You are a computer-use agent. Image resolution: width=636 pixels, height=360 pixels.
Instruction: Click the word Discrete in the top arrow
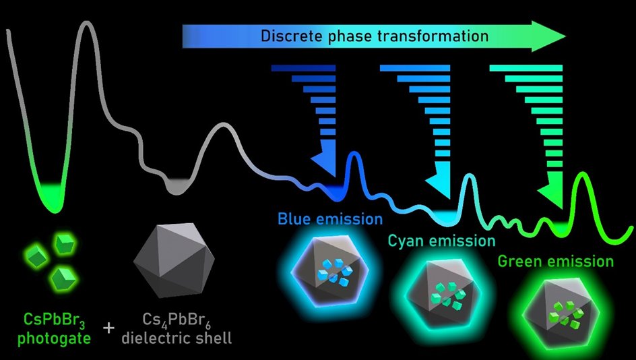tap(291, 36)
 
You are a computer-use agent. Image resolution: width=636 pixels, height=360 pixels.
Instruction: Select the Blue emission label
tap(330, 219)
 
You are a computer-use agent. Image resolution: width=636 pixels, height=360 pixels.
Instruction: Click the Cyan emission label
tap(441, 240)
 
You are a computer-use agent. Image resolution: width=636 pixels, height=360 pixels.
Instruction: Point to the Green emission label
tap(556, 261)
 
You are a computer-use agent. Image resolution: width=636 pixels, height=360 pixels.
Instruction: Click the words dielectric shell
tap(177, 336)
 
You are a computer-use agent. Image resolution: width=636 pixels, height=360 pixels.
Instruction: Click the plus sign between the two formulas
tap(108, 328)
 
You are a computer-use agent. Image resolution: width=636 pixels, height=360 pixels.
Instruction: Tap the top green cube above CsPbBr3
tap(64, 243)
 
